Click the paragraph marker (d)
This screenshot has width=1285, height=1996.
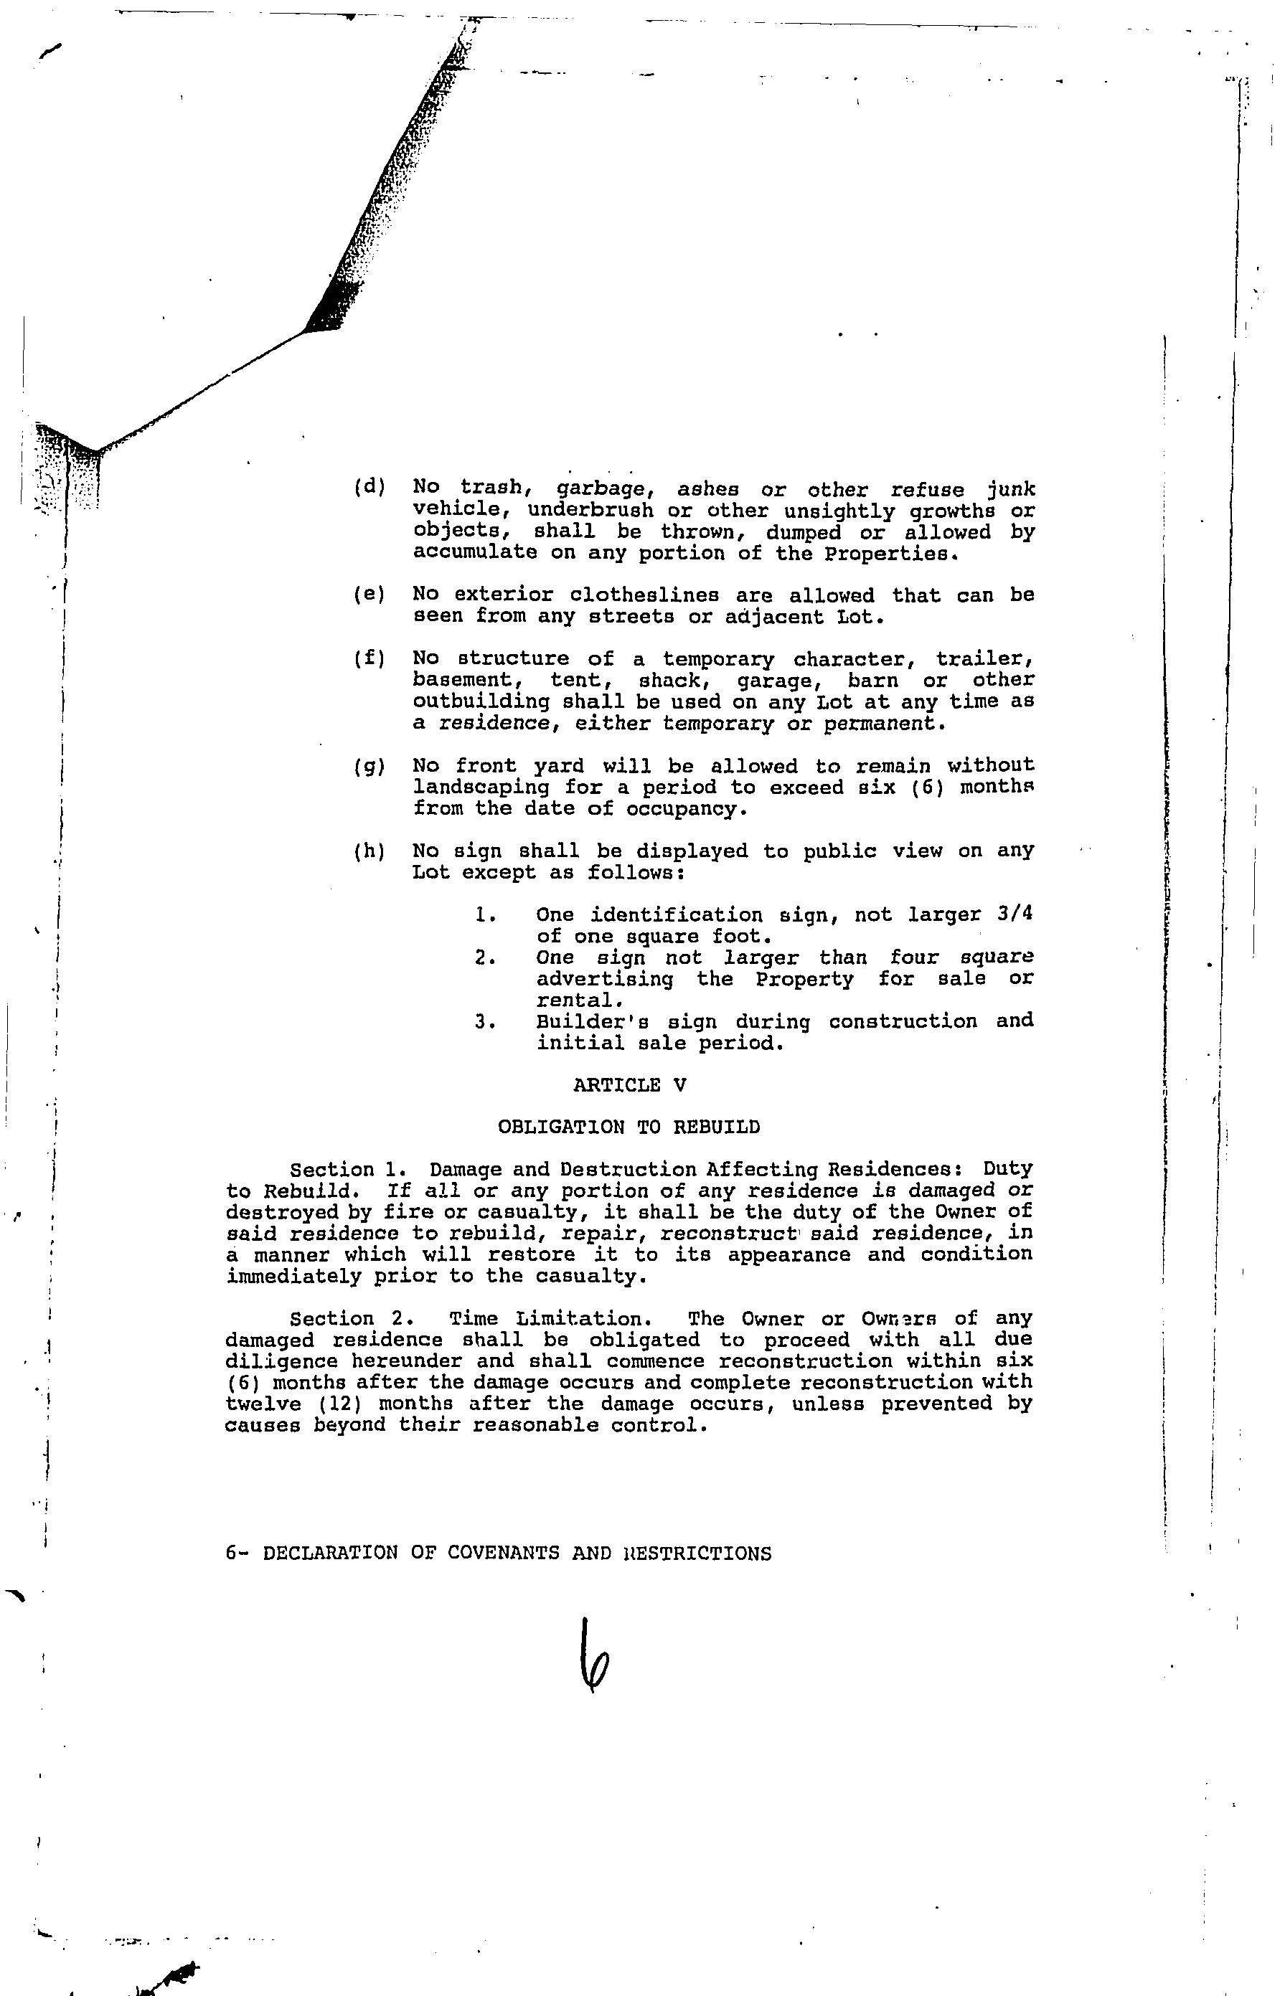(x=370, y=487)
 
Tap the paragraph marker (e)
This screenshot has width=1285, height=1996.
(x=370, y=595)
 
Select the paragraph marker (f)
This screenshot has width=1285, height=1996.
(x=370, y=659)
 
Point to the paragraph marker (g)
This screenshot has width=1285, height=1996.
(x=370, y=766)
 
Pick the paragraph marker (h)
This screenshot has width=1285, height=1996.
(x=370, y=851)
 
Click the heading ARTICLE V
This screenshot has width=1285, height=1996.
(x=630, y=1085)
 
